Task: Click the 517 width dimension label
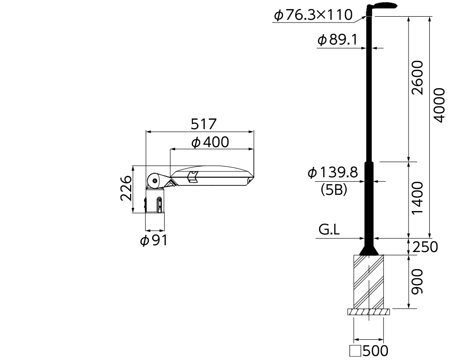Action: coord(203,124)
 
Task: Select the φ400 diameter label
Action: coord(210,142)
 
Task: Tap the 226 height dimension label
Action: coord(126,188)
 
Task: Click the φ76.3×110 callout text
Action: coord(313,15)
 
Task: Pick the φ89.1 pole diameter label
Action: coord(337,40)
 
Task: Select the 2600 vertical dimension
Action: coord(417,77)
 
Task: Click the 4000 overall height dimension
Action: coord(438,105)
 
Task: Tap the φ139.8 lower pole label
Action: coord(333,172)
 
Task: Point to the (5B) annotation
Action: coord(334,189)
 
